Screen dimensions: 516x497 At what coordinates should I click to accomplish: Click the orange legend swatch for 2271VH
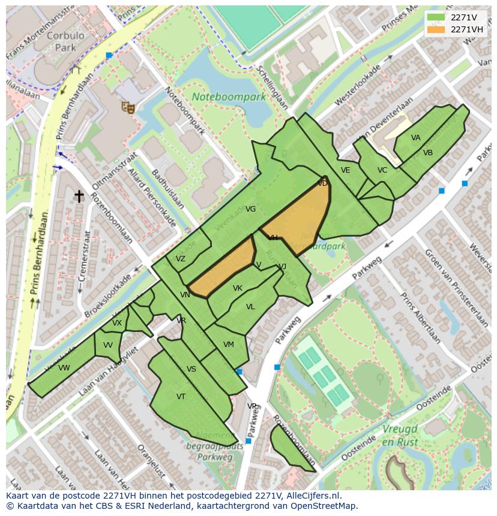coord(436,29)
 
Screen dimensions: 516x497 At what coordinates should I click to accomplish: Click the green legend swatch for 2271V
coord(436,17)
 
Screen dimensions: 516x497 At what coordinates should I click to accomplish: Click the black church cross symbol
coord(79,196)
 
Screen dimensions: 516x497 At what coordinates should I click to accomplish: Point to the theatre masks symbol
coord(127,107)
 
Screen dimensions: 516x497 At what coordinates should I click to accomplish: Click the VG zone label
coord(251,209)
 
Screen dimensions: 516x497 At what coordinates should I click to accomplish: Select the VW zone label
coord(64,368)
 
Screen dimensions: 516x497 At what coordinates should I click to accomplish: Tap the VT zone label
coord(181,397)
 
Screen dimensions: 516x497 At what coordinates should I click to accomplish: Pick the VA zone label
coord(416,138)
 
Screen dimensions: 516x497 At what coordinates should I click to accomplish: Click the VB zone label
coord(428,153)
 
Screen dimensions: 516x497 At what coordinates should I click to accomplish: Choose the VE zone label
coord(345,170)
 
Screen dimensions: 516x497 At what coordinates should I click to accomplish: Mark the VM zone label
coord(228,345)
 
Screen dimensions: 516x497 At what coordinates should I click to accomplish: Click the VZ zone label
coord(181,259)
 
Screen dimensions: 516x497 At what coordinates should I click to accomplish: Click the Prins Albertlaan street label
coord(420,318)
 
